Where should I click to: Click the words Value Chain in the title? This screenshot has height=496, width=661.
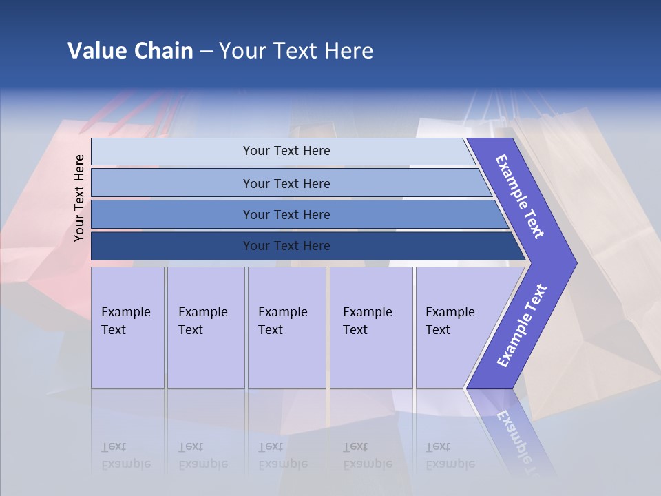tap(130, 51)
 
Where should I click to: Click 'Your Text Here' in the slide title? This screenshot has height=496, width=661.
tap(296, 51)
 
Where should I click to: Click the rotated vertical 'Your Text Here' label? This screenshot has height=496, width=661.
tap(80, 198)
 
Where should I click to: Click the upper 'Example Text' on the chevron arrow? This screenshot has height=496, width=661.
tap(520, 196)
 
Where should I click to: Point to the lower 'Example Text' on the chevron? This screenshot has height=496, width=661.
tap(521, 325)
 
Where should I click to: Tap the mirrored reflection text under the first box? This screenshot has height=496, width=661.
tap(125, 455)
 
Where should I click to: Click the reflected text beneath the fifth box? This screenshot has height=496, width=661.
tap(450, 455)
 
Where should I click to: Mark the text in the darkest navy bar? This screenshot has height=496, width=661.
tap(286, 246)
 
